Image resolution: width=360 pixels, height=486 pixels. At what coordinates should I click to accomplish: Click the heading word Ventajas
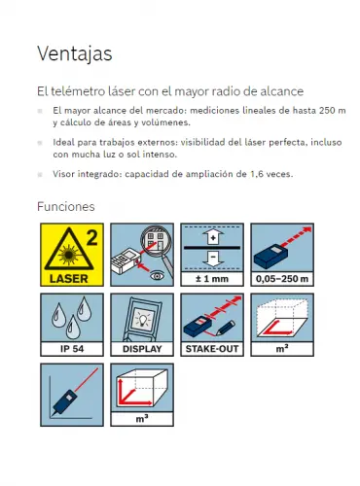pos(75,53)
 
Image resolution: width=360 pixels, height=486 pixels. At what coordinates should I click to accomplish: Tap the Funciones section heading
pos(66,207)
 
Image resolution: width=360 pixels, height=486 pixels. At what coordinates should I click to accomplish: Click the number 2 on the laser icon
pos(92,238)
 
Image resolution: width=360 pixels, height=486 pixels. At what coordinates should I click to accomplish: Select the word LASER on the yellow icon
pos(69,279)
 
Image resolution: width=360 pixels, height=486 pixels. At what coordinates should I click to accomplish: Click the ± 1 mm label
pos(212,279)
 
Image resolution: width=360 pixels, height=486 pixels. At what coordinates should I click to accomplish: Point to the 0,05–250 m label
pos(282,279)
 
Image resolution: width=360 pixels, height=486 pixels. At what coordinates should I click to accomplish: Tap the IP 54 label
pos(72,349)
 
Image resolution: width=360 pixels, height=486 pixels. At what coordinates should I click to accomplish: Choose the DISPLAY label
pos(142,349)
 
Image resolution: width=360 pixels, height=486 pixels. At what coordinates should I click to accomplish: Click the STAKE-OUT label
pos(212,349)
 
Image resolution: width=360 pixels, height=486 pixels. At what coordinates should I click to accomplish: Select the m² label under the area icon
pos(282,349)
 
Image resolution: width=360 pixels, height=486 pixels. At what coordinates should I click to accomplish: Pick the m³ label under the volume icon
pos(142,419)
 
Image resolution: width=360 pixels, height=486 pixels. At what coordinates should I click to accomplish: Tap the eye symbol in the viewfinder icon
pos(158,276)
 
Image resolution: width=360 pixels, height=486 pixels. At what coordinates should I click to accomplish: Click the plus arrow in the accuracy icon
pos(213,237)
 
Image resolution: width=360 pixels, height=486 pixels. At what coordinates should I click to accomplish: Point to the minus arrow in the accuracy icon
pos(213,259)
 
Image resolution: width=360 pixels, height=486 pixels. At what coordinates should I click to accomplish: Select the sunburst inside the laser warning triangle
pos(69,255)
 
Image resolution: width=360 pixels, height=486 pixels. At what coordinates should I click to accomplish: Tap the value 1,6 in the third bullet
pos(256,174)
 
